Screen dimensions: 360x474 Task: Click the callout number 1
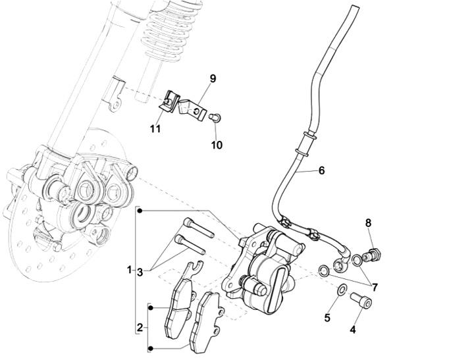130,270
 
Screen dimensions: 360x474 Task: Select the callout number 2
140,327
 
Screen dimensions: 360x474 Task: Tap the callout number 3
140,270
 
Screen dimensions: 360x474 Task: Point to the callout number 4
353,330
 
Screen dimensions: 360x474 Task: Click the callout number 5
327,319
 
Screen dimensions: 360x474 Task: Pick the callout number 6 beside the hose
321,170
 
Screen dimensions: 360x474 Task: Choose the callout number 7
374,288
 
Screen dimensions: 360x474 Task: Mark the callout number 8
369,223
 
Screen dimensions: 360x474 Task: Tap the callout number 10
217,143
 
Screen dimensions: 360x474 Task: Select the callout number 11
155,129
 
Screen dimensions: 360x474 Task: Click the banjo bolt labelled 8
376,253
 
